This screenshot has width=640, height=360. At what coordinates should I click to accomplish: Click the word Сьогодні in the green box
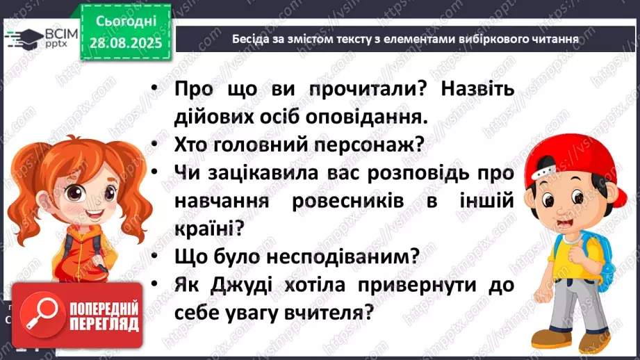[125, 21]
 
